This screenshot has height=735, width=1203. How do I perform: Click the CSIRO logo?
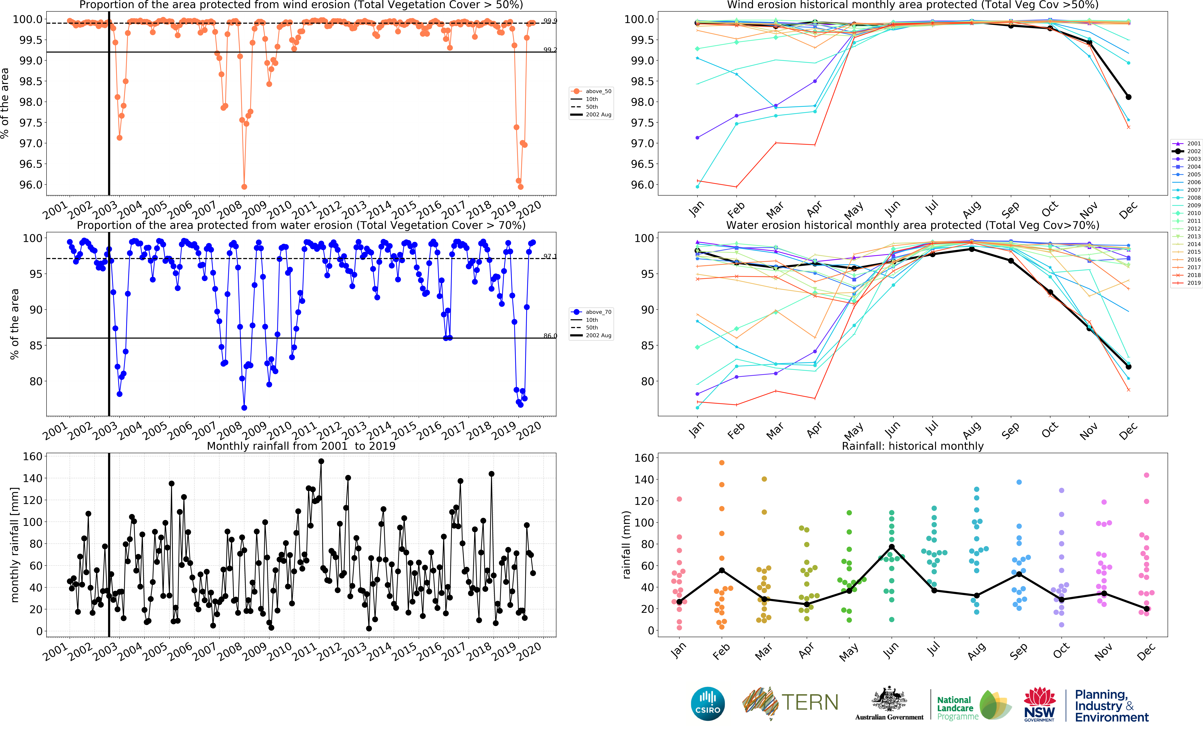point(707,704)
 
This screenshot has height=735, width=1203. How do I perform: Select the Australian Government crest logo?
point(889,703)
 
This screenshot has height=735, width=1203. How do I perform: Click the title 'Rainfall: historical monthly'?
point(912,446)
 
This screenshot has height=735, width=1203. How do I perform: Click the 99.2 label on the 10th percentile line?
point(550,50)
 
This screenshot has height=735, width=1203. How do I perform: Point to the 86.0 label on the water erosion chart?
point(550,336)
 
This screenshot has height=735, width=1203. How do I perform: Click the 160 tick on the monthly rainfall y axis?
point(33,457)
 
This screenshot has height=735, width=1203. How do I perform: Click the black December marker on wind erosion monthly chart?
point(1128,97)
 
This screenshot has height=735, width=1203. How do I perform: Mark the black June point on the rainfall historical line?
point(891,547)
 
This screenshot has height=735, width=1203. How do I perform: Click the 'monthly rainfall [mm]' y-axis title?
point(15,545)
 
